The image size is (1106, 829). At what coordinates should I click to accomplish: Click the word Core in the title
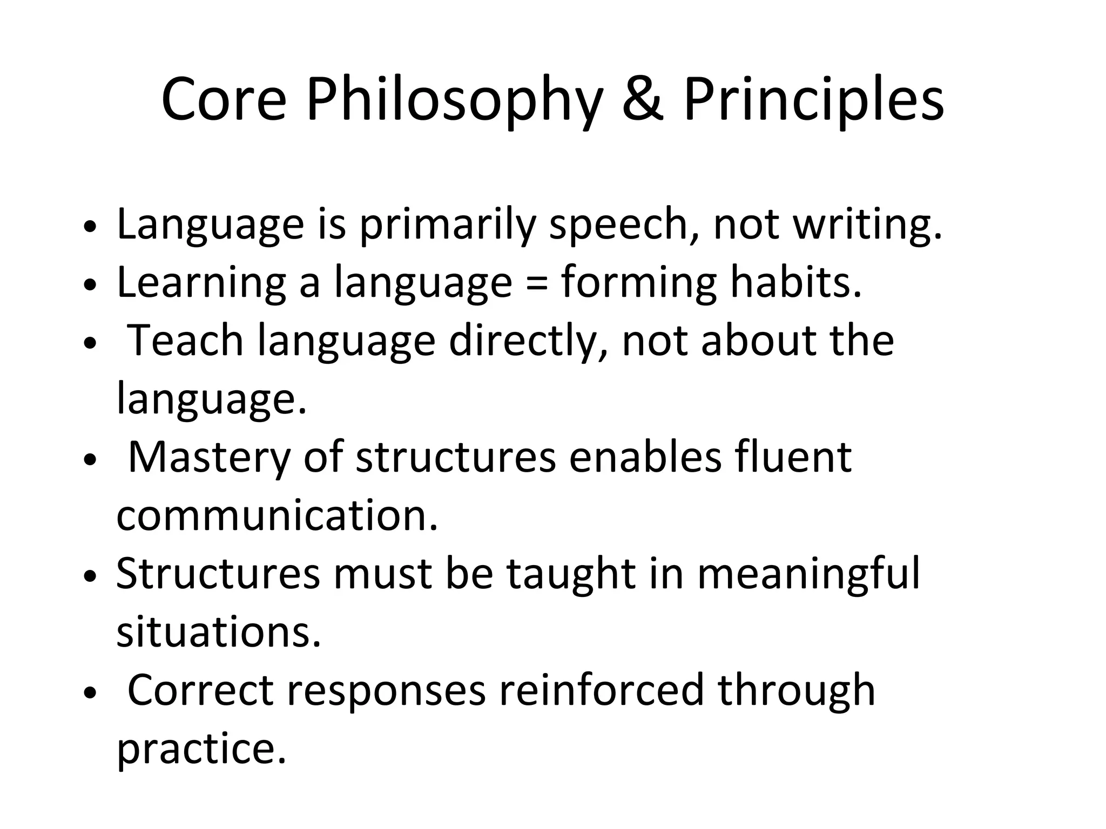click(224, 100)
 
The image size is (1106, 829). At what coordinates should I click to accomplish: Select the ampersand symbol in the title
click(643, 100)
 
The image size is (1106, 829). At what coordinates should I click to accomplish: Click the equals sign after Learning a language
click(536, 283)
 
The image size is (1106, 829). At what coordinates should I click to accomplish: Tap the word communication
click(277, 515)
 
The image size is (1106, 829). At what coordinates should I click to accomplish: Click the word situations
click(219, 631)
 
